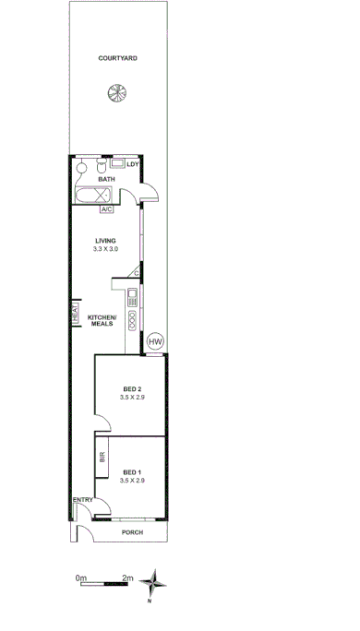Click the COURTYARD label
coord(118,57)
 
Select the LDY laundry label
coord(132,165)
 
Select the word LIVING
coord(104,242)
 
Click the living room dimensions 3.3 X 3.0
coord(104,250)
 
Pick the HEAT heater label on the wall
coord(73,314)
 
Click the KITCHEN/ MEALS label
coord(102,320)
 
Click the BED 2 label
coord(133,388)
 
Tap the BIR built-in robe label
coord(102,457)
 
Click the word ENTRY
coord(83,501)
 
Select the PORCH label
coord(135,532)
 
